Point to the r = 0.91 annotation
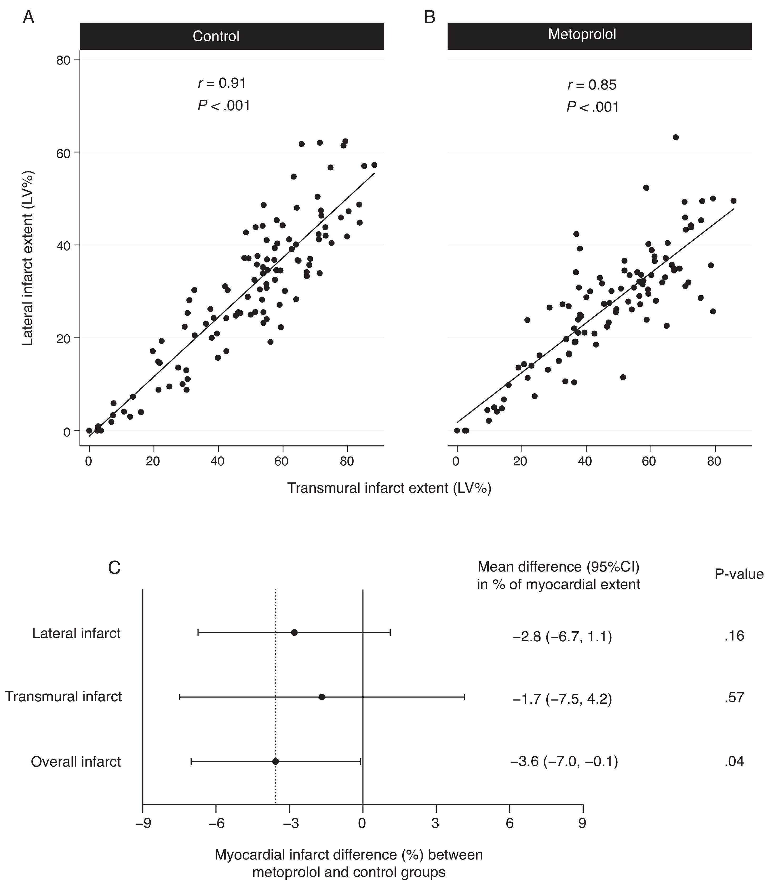(222, 83)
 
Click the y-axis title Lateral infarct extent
(28, 259)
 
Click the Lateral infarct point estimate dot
(294, 633)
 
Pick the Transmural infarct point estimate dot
(322, 697)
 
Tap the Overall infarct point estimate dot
(276, 761)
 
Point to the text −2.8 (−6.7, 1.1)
(562, 637)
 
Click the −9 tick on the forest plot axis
(143, 823)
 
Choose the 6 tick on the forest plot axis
(509, 823)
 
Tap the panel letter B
(429, 18)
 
